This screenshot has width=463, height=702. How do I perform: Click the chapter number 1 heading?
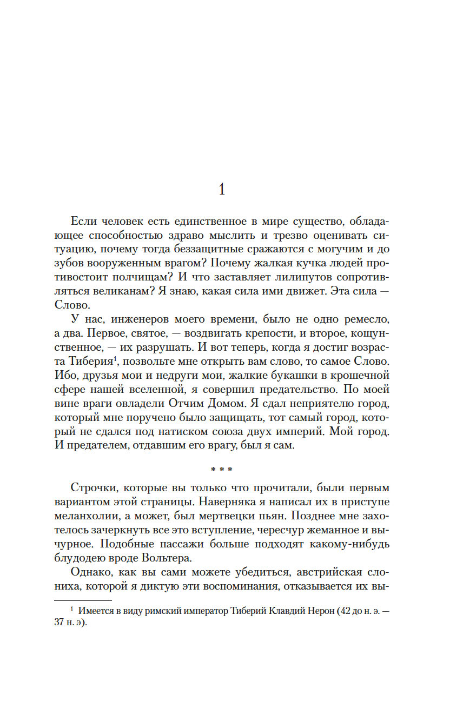[x=221, y=190]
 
